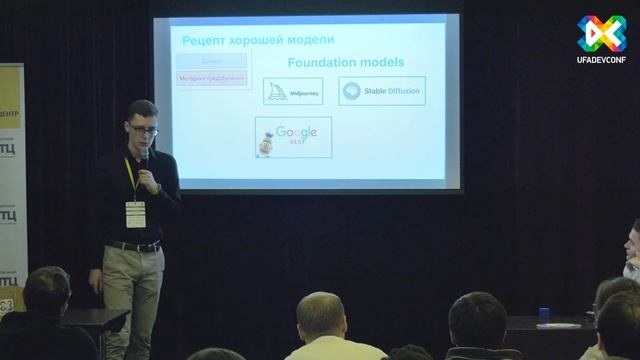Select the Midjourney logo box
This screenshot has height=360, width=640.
click(x=292, y=91)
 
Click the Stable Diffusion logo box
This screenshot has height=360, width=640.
click(x=381, y=91)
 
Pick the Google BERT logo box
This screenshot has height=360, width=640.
click(x=292, y=137)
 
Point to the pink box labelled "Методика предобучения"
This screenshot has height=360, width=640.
click(x=212, y=77)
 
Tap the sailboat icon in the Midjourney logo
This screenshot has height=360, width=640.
click(x=277, y=91)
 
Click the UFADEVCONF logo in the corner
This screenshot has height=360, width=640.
click(x=602, y=41)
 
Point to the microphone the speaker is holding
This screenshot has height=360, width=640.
click(x=144, y=158)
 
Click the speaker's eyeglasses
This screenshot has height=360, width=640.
click(x=140, y=127)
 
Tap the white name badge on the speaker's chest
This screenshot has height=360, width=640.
click(x=135, y=212)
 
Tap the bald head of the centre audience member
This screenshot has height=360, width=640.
click(x=320, y=314)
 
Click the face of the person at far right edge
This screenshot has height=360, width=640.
click(x=633, y=245)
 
